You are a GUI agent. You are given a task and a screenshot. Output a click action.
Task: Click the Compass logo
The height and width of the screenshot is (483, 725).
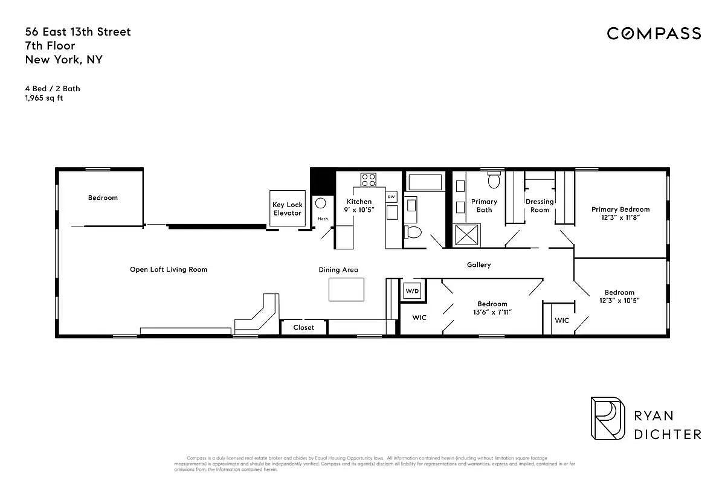(654, 33)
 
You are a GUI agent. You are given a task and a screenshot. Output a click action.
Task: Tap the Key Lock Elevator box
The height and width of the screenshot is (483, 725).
(287, 209)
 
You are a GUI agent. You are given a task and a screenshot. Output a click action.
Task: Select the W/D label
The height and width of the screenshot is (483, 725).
(412, 291)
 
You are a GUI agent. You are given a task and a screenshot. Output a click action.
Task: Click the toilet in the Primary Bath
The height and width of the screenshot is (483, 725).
(494, 179)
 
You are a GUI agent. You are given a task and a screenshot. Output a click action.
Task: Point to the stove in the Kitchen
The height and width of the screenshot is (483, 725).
(369, 179)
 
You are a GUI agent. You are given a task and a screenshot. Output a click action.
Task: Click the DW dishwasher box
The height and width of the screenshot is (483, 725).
(391, 197)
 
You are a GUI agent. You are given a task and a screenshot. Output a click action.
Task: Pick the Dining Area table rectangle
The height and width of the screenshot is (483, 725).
(347, 289)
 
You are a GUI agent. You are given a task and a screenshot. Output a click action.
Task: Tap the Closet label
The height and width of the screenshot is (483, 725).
(304, 327)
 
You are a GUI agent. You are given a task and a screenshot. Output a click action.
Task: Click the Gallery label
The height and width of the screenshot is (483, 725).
(478, 264)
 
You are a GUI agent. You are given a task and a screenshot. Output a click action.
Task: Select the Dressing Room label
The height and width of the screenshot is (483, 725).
(540, 205)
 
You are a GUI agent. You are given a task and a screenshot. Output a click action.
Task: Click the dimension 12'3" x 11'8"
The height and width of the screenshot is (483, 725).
(620, 218)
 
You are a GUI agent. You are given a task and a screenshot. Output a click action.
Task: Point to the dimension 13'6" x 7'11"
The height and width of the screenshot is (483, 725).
(492, 312)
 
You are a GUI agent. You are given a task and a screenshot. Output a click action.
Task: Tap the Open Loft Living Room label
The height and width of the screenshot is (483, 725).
(169, 269)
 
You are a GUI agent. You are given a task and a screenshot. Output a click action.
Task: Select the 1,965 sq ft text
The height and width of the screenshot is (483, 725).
(44, 98)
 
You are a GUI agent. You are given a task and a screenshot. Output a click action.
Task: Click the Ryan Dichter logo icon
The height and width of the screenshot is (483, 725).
(607, 418)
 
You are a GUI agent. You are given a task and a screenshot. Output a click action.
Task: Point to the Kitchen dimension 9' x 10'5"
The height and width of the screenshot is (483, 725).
(359, 210)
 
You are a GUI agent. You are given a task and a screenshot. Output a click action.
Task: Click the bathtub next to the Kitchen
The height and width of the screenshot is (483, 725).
(425, 182)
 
